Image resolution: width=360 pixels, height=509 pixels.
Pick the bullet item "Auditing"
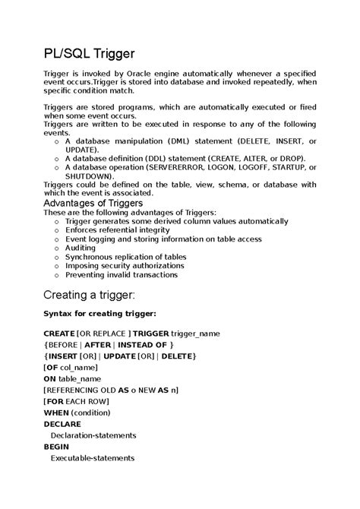coord(81,248)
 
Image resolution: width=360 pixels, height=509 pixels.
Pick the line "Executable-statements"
coord(92,458)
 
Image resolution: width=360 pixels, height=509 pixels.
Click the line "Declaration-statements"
coord(93,435)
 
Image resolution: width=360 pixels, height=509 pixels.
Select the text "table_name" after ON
coord(81,378)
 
